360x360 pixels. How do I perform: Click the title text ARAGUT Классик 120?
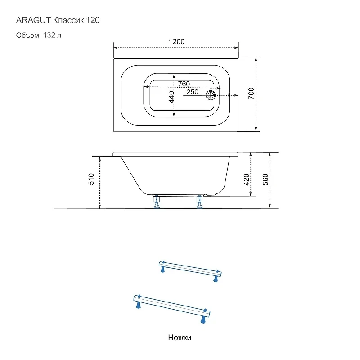[x=58, y=20]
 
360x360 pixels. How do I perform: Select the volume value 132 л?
[x=52, y=35]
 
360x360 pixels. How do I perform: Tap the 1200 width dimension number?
[x=176, y=41]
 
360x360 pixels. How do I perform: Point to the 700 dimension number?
[x=251, y=93]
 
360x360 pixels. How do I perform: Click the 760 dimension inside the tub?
[x=184, y=84]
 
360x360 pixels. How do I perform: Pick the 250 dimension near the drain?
[x=193, y=92]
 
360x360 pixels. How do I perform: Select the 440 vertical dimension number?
[x=171, y=97]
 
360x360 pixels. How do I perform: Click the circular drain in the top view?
[x=210, y=95]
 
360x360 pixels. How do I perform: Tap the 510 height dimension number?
[x=91, y=179]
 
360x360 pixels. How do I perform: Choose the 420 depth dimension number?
[x=247, y=180]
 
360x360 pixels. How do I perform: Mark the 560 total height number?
[x=265, y=180]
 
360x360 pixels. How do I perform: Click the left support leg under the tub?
[x=157, y=202]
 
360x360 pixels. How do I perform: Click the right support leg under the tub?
[x=199, y=202]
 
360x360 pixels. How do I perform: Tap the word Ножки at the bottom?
[x=180, y=337]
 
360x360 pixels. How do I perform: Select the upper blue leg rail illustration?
[x=190, y=271]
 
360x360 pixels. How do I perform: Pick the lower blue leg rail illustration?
[x=172, y=309]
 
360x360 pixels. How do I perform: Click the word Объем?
[x=27, y=35]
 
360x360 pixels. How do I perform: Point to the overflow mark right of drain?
[x=229, y=95]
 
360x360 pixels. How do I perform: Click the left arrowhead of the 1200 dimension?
[x=116, y=48]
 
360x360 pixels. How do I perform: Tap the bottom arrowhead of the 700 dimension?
[x=256, y=129]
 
